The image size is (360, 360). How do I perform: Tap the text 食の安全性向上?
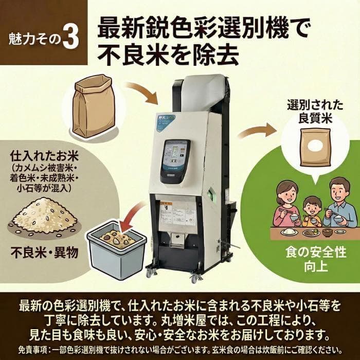pos(312,260)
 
